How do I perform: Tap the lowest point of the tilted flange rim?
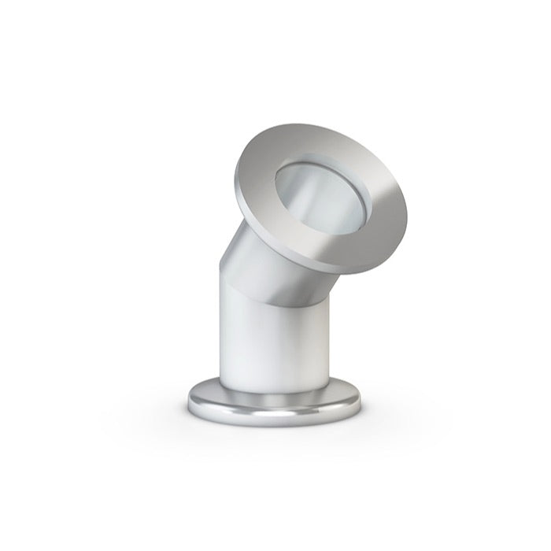(x=346, y=272)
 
